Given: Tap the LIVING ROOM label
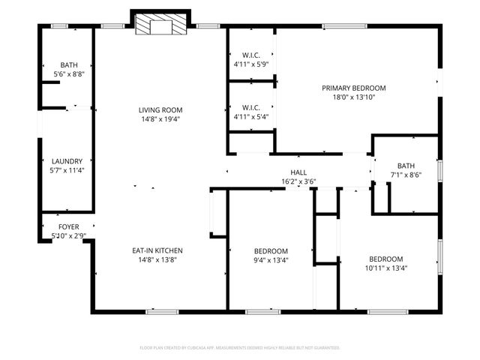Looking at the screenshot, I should (160, 109).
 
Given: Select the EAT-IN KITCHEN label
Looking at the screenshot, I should (157, 250).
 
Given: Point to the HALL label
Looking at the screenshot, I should (298, 172).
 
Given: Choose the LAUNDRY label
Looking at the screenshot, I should (67, 160).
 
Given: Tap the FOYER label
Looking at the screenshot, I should (69, 226).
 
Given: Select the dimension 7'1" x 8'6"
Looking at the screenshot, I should (406, 175).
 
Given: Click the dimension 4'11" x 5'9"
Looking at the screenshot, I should (250, 64).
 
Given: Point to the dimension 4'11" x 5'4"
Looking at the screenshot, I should (250, 116).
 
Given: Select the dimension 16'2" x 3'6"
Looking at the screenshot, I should (298, 181).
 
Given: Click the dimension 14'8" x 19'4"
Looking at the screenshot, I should (160, 118).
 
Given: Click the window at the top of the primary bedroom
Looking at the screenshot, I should (345, 28).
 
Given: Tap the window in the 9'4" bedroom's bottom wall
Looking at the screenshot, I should (262, 311).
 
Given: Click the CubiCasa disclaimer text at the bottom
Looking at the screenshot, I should (240, 348).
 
